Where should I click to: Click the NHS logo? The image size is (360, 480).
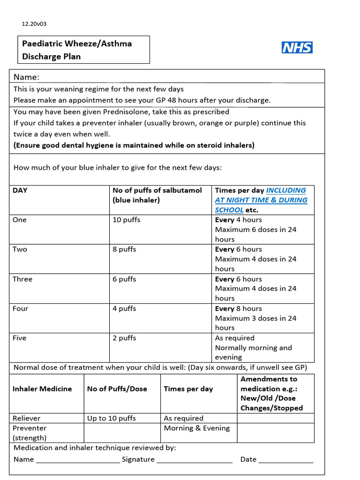tap(297, 47)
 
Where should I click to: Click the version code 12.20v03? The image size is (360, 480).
tap(34, 23)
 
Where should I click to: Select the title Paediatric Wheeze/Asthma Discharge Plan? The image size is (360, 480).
tap(77, 50)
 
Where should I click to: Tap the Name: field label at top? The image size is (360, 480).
tap(26, 77)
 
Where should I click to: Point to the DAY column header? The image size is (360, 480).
tap(20, 190)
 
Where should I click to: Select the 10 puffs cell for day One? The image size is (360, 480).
tap(126, 220)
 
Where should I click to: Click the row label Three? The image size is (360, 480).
tap(22, 279)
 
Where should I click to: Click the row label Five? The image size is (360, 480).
tap(20, 338)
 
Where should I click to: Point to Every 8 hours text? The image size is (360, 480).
tap(238, 308)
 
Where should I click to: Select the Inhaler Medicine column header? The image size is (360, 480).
tap(42, 389)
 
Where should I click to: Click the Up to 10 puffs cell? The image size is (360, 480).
tap(111, 418)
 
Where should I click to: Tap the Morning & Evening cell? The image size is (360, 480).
tap(196, 428)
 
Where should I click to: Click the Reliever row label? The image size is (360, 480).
tap(26, 418)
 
